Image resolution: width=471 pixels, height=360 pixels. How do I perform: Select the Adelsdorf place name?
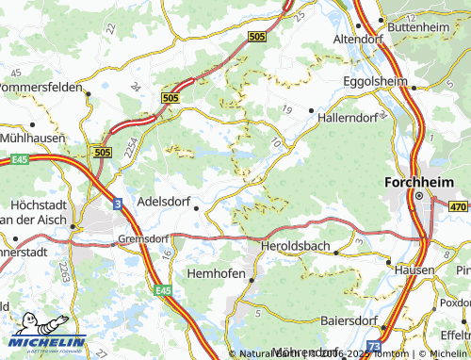pos(163,201)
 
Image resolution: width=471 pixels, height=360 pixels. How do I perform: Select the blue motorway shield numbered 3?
pos(115,203)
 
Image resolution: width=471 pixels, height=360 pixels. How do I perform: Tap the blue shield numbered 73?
pos(375,347)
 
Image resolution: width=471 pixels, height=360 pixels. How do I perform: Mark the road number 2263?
pos(62,273)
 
